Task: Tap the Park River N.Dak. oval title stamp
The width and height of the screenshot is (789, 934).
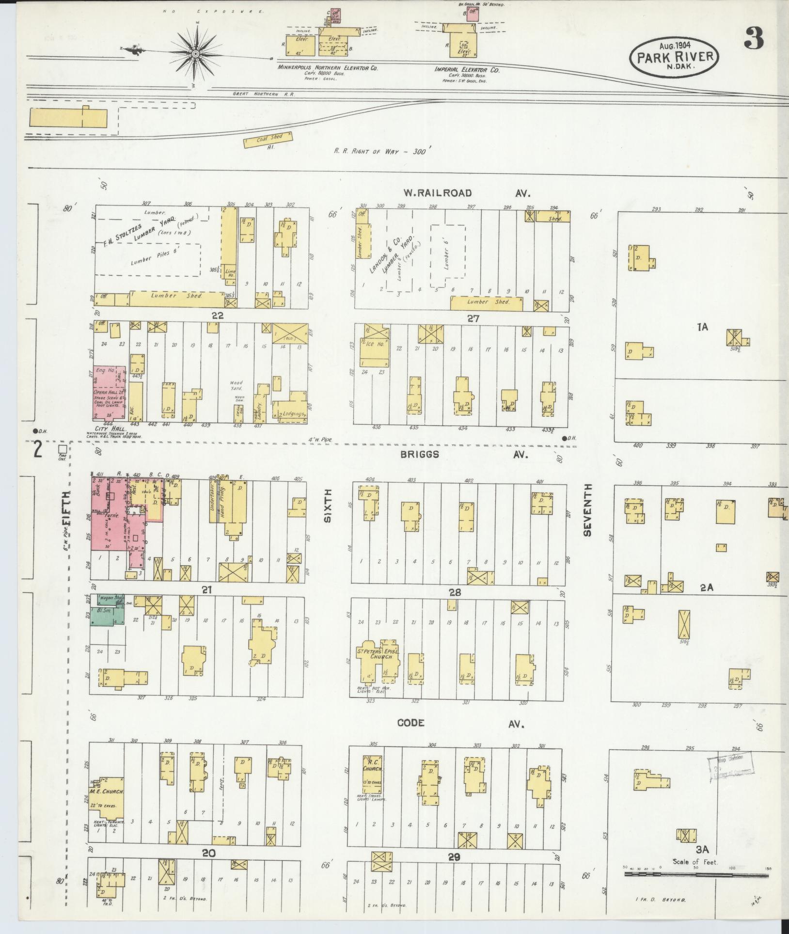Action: point(674,57)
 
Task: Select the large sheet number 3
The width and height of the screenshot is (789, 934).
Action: point(754,38)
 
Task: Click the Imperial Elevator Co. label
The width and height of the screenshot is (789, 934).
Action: point(467,70)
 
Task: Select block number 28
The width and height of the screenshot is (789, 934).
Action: point(454,592)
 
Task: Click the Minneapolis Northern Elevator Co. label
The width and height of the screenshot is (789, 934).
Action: point(328,68)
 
